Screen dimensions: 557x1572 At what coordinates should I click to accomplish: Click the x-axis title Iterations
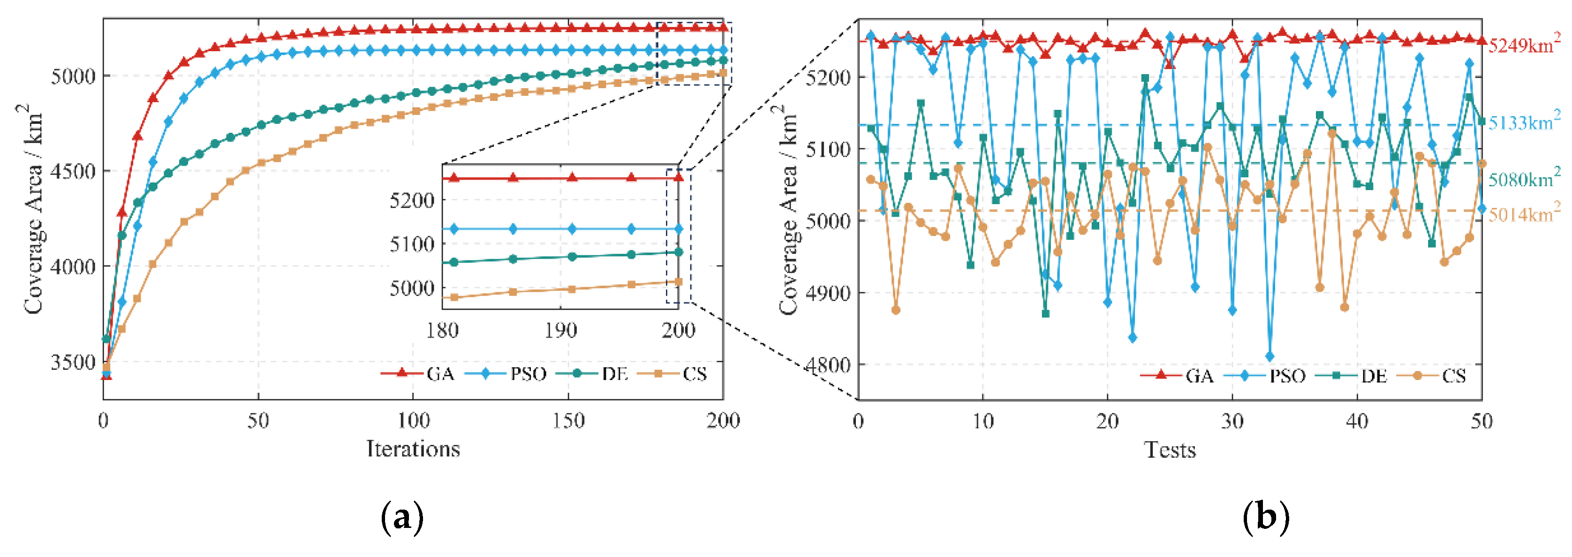click(413, 449)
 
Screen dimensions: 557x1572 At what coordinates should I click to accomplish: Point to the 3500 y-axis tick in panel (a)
click(73, 362)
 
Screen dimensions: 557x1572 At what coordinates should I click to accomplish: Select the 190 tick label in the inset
click(560, 330)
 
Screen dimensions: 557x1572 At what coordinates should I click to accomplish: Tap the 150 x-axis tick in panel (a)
click(568, 421)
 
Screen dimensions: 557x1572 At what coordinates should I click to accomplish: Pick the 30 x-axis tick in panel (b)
click(1232, 421)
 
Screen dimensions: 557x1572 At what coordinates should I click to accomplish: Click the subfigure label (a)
click(401, 518)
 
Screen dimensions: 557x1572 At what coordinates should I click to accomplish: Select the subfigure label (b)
click(1266, 518)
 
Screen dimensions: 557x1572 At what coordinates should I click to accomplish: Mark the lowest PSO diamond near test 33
click(1270, 357)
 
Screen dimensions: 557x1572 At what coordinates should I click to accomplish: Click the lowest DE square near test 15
click(1045, 314)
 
